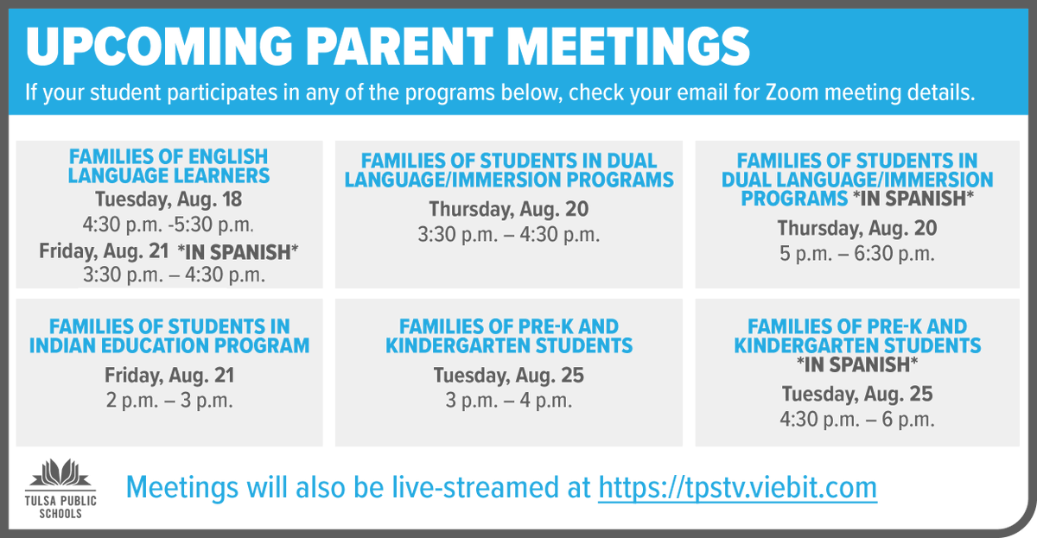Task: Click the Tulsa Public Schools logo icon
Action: click(60, 474)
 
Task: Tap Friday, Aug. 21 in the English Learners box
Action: click(104, 251)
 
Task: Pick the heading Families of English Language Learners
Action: click(169, 167)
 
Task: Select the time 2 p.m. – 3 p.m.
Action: click(169, 401)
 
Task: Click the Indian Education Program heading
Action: click(169, 337)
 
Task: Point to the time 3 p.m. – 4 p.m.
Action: click(509, 401)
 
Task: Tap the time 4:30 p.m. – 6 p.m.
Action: click(856, 420)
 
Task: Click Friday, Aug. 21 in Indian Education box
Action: click(169, 376)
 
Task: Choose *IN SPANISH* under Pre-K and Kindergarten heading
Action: click(856, 365)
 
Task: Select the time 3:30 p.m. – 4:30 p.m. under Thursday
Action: click(509, 235)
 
